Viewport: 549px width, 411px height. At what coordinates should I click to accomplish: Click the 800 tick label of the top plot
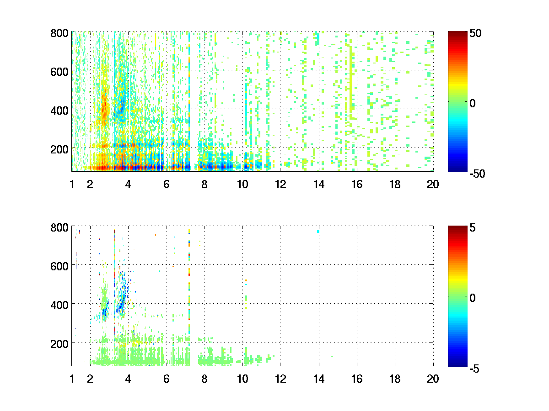(60, 33)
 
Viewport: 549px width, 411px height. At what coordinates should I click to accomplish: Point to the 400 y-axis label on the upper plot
(60, 110)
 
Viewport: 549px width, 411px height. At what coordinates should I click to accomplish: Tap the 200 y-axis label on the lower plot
(60, 342)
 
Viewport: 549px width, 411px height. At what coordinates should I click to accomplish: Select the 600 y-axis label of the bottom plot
(60, 265)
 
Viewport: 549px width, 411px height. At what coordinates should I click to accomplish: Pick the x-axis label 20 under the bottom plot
(433, 379)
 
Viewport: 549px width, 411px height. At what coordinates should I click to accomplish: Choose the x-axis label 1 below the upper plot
(72, 184)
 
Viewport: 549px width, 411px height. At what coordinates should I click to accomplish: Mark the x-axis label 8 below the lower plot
(205, 379)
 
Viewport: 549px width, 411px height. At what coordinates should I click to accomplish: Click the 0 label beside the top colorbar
(473, 104)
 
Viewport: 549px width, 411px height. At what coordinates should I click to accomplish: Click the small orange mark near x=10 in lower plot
(246, 280)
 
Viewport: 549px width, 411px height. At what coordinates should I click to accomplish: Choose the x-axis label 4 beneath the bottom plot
(128, 379)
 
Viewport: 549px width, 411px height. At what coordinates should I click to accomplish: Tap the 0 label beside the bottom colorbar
(473, 298)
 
